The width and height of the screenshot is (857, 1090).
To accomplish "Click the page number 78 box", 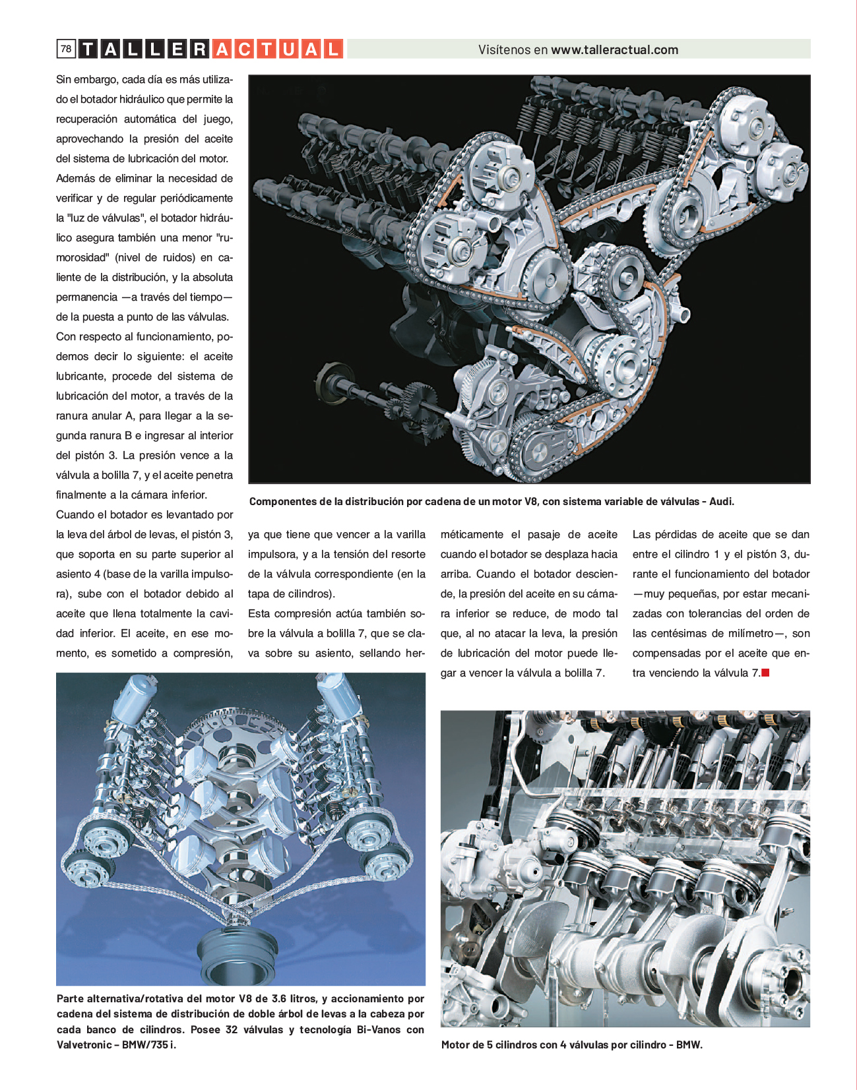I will click(66, 49).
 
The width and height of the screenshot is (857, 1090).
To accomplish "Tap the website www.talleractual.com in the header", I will click(614, 49).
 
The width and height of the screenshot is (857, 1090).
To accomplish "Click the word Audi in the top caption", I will click(721, 501).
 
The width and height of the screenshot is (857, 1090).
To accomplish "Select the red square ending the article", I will click(766, 673).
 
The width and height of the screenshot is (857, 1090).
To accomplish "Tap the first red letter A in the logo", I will click(222, 49).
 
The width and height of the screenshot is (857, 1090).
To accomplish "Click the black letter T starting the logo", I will click(88, 49).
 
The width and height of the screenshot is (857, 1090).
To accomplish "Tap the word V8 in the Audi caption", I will click(531, 501).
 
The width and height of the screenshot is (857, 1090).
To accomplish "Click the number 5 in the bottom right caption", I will click(490, 1045).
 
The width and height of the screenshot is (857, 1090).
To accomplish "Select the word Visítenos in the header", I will click(504, 49).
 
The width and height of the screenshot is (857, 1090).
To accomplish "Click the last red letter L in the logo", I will click(334, 49).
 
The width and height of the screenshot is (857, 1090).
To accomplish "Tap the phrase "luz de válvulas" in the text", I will click(99, 218).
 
